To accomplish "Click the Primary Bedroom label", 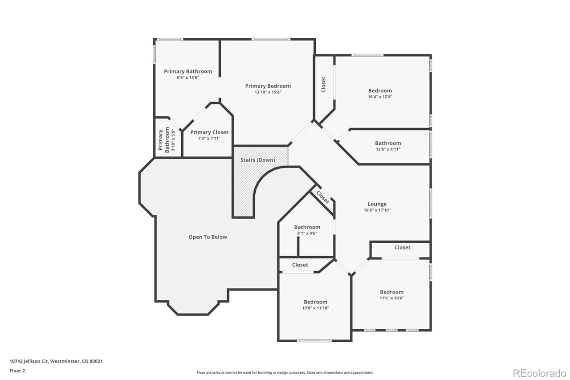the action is (x=268, y=86).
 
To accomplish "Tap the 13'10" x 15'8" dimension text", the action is (x=268, y=92).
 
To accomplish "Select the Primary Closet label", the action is (x=209, y=132).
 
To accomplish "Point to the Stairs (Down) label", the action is (x=258, y=160).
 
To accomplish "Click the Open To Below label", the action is (x=208, y=237).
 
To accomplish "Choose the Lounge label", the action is (x=377, y=204).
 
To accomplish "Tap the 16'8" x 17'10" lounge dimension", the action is (x=377, y=210).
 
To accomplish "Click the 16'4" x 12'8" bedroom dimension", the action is (x=380, y=97).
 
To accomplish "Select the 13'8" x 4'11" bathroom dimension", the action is (x=388, y=149).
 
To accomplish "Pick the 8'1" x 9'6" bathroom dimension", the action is (x=307, y=233).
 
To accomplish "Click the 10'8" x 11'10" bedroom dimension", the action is (x=316, y=308).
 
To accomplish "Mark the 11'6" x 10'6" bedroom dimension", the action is (x=392, y=298).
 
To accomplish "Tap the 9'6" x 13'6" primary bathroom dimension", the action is (x=188, y=78).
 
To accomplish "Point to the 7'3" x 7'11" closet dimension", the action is (x=209, y=139).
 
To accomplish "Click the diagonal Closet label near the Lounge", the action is (x=323, y=197).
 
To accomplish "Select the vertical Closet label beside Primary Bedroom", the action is (x=323, y=85).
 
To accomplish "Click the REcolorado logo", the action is (x=539, y=373).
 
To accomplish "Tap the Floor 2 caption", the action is (x=17, y=371).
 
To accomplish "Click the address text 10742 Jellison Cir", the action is (x=29, y=361).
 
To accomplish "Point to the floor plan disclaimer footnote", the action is (x=285, y=372).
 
